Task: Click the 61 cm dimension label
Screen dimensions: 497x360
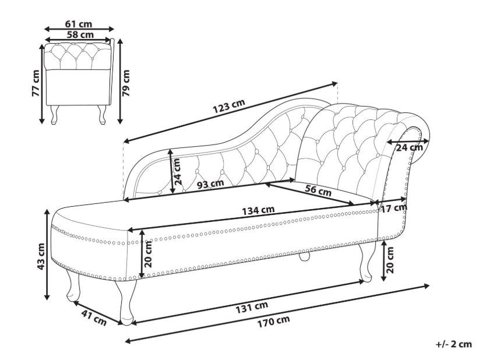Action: coord(79,24)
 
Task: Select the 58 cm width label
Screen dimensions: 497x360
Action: coord(80,34)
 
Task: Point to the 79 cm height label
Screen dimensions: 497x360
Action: coord(126,83)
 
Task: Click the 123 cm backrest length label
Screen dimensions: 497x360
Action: coord(229,106)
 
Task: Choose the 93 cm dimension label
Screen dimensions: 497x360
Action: coord(210,184)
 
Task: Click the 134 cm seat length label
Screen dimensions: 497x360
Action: coord(258,210)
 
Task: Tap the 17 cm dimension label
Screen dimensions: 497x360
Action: coord(394,209)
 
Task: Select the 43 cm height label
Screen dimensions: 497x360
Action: coord(41,257)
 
